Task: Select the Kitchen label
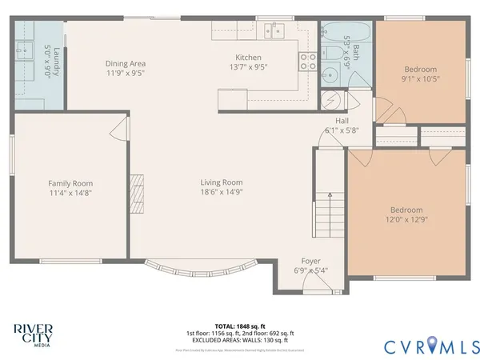pos(248,57)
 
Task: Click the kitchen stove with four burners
pos(307,61)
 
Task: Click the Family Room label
pos(70,183)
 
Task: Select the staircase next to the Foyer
pos(323,214)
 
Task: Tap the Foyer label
pos(311,261)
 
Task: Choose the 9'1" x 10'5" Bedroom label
pos(420,70)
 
